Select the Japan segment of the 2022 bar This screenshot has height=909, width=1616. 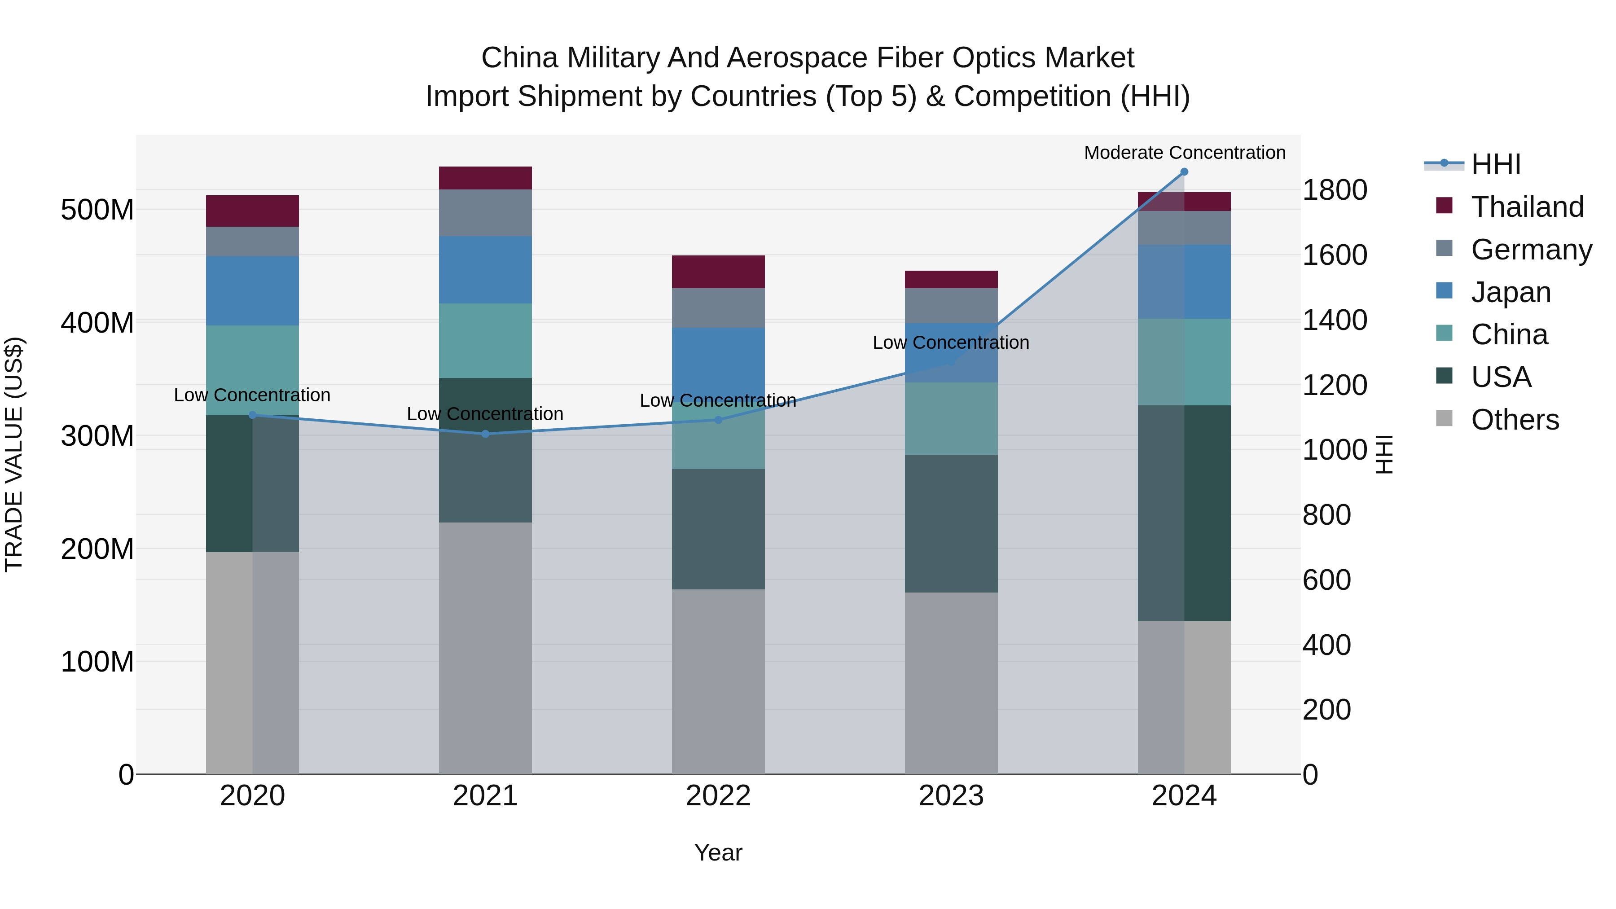coord(718,358)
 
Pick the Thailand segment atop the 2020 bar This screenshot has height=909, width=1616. coord(252,211)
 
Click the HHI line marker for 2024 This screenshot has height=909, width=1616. coord(1184,172)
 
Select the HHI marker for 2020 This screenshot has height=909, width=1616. coord(252,415)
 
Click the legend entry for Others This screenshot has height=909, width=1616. coord(1515,420)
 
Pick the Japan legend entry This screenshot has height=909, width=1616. coord(1510,292)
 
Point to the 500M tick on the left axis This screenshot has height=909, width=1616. coord(97,210)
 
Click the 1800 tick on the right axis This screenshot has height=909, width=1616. coord(1335,190)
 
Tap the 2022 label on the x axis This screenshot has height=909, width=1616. coord(718,796)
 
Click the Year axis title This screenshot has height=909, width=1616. coord(718,852)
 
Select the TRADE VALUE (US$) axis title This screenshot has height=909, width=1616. coord(14,454)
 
